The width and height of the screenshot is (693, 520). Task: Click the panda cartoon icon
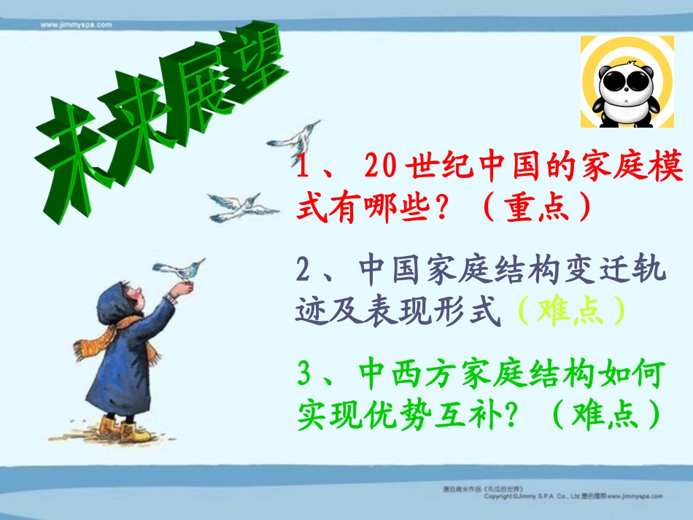[627, 82]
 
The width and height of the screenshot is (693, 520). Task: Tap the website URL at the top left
[76, 24]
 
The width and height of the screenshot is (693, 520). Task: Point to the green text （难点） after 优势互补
[605, 415]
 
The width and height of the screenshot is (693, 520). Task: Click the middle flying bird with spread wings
[241, 205]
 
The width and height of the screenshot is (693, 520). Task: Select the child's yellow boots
[124, 430]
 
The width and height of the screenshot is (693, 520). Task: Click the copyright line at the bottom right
[576, 495]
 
